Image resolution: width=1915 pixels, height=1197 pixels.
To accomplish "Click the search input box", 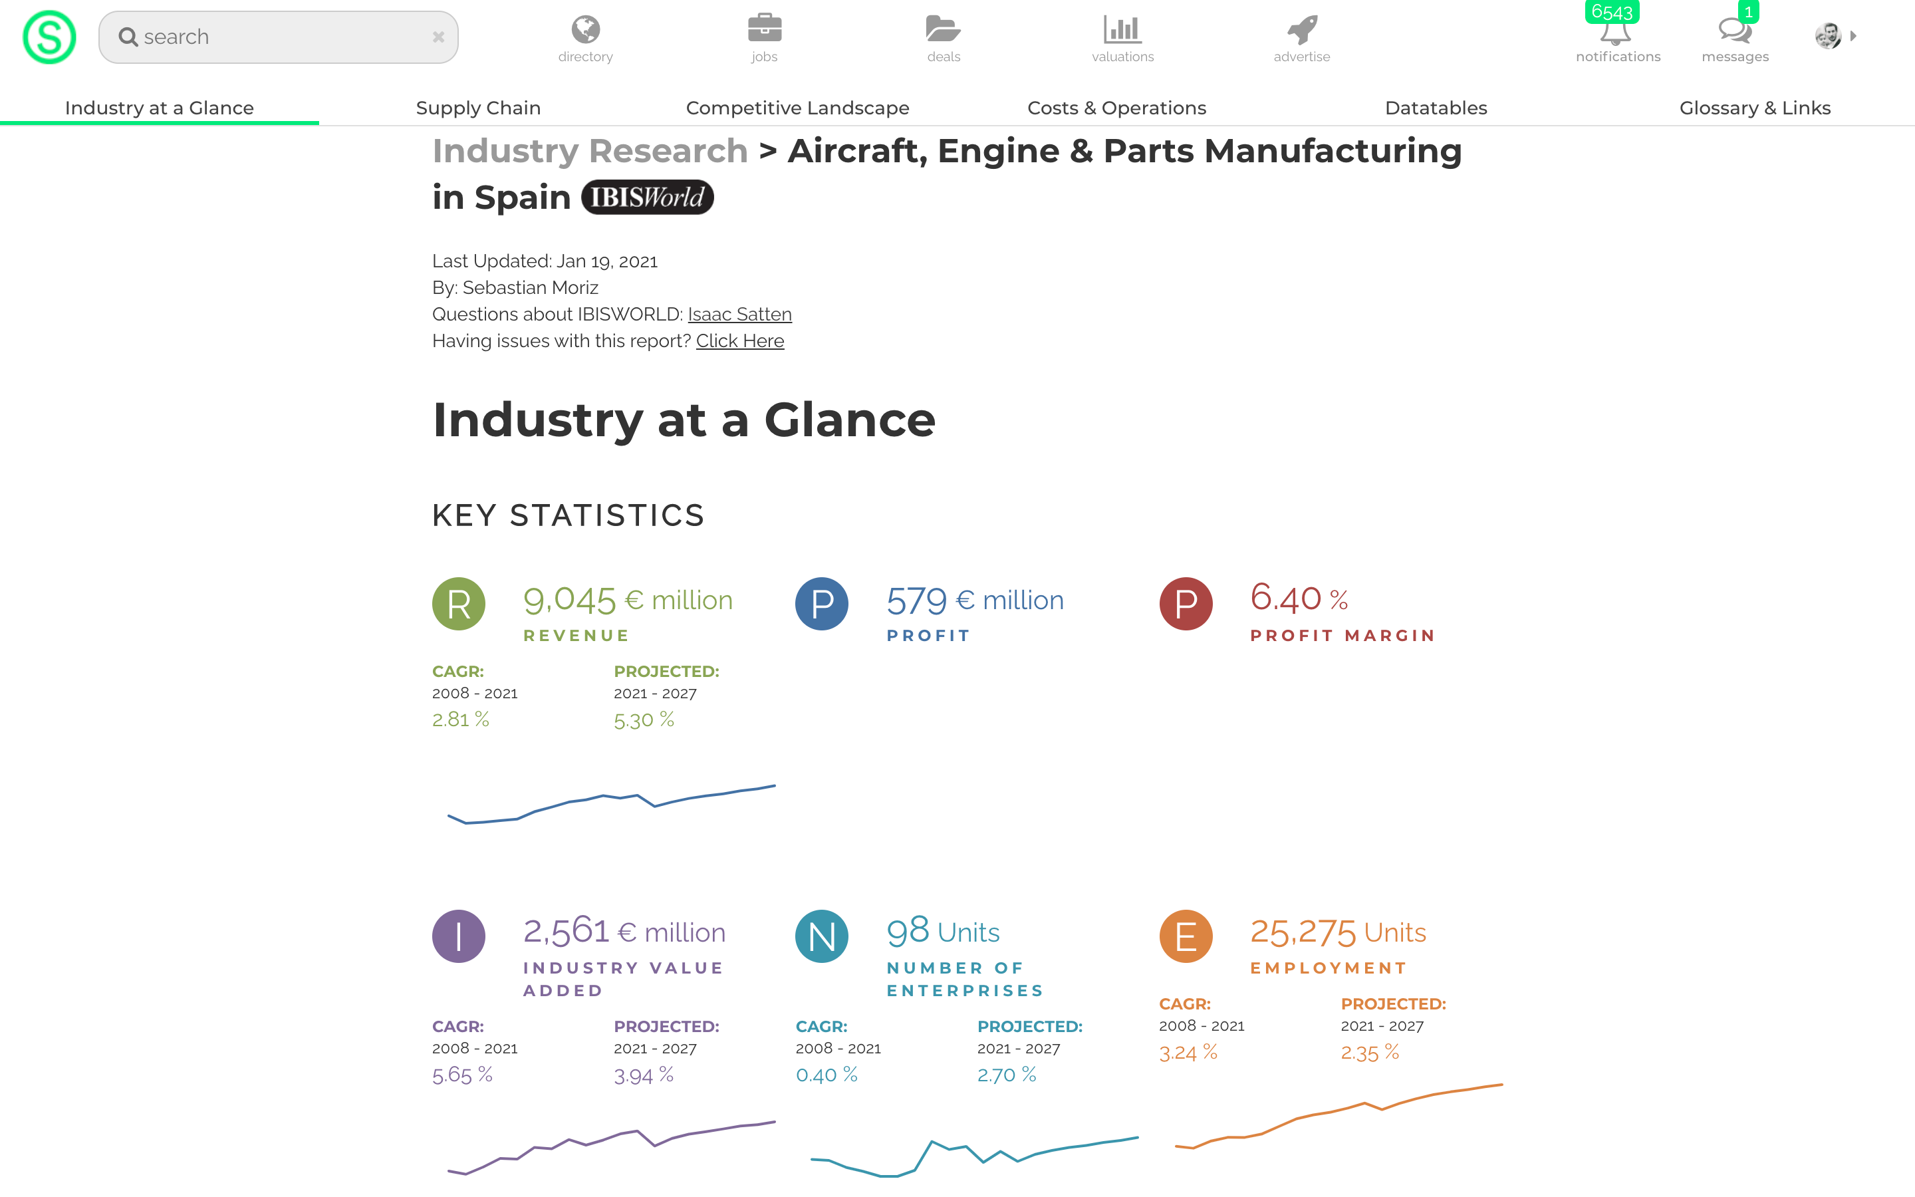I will click(277, 37).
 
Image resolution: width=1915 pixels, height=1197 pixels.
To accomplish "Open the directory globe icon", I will click(586, 30).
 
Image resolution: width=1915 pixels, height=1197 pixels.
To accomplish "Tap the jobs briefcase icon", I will click(765, 29).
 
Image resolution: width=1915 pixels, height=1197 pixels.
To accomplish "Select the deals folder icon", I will click(944, 29).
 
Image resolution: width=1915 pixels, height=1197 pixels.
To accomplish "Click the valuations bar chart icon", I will click(1122, 30).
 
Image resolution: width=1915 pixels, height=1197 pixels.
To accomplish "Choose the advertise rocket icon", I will click(1302, 30).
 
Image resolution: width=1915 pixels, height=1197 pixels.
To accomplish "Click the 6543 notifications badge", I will click(1612, 12).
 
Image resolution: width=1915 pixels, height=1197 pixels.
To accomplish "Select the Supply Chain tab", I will click(478, 108).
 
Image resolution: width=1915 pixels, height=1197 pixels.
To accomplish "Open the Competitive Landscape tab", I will click(797, 108).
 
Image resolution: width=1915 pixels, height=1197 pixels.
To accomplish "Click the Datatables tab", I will click(1436, 108).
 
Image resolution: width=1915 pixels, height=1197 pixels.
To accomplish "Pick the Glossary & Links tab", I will click(1754, 108).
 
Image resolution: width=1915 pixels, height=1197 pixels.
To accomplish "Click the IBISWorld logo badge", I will click(647, 197).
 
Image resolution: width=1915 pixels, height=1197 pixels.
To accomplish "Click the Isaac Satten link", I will click(739, 315).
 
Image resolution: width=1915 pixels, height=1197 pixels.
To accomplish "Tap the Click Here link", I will click(740, 341).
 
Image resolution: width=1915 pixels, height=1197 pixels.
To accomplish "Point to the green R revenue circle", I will click(459, 604).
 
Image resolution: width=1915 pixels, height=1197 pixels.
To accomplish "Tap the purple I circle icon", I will click(459, 936).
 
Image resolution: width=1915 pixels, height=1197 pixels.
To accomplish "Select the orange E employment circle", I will click(1186, 936).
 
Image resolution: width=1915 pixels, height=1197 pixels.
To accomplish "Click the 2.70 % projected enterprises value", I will click(1006, 1074).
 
